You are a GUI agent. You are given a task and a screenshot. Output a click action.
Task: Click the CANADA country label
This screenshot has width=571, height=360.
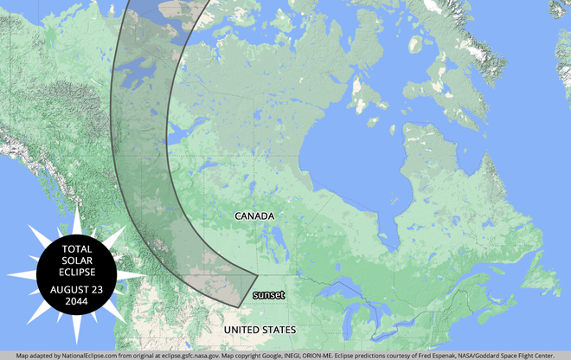point(254,215)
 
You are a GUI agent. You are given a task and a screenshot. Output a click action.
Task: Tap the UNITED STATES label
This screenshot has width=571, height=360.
point(260,331)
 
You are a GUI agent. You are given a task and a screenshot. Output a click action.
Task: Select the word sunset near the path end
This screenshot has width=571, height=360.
point(268,296)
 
